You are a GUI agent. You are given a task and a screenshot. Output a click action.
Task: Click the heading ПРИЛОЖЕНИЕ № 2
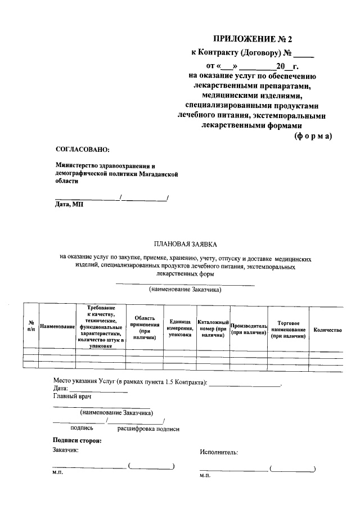pyautogui.click(x=253, y=39)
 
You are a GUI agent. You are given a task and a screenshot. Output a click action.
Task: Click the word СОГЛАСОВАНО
pyautogui.click(x=83, y=149)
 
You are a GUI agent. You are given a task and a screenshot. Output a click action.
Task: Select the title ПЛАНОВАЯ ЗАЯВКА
pyautogui.click(x=185, y=244)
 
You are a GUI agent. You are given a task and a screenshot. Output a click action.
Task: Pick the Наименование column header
pyautogui.click(x=58, y=327)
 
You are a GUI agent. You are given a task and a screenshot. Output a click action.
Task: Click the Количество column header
pyautogui.click(x=328, y=330)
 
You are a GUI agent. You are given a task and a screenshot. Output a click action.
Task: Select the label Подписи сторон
pyautogui.click(x=77, y=440)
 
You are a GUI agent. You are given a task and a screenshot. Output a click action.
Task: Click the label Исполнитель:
pyautogui.click(x=219, y=452)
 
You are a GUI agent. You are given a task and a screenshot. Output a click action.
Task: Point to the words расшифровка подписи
pyautogui.click(x=148, y=429)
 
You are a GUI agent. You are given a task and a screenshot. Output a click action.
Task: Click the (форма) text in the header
pyautogui.click(x=313, y=136)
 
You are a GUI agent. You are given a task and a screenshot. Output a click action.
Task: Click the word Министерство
pyautogui.click(x=77, y=166)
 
